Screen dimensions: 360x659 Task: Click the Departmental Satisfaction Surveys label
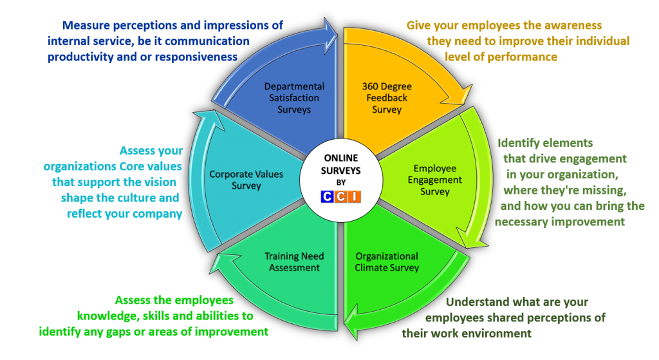click(x=294, y=98)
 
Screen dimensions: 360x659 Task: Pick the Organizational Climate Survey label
click(x=387, y=261)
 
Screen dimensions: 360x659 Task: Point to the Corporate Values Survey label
click(x=237, y=180)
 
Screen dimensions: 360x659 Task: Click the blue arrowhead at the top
click(x=330, y=28)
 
